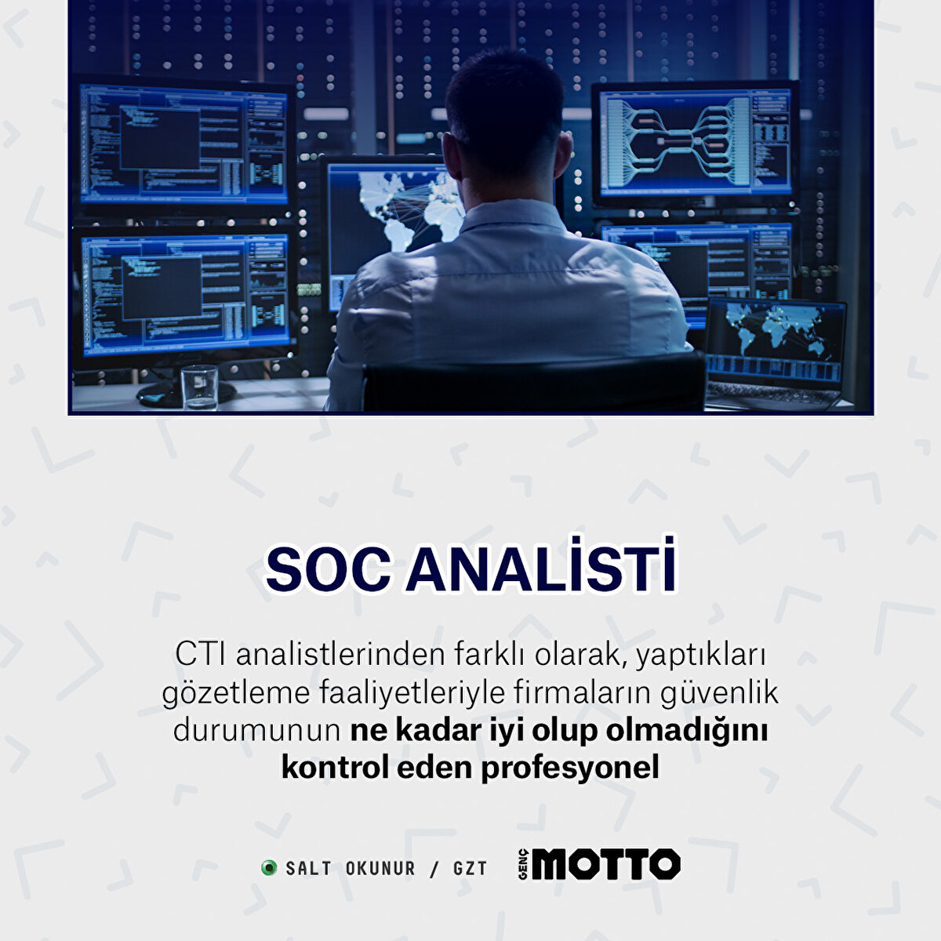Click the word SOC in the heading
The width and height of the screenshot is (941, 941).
328,569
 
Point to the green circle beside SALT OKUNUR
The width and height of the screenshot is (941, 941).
269,868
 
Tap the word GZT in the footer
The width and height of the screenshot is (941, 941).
470,869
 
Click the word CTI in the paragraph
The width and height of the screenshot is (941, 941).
200,655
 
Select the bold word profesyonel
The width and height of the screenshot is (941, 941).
570,768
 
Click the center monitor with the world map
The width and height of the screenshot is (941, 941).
392,212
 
